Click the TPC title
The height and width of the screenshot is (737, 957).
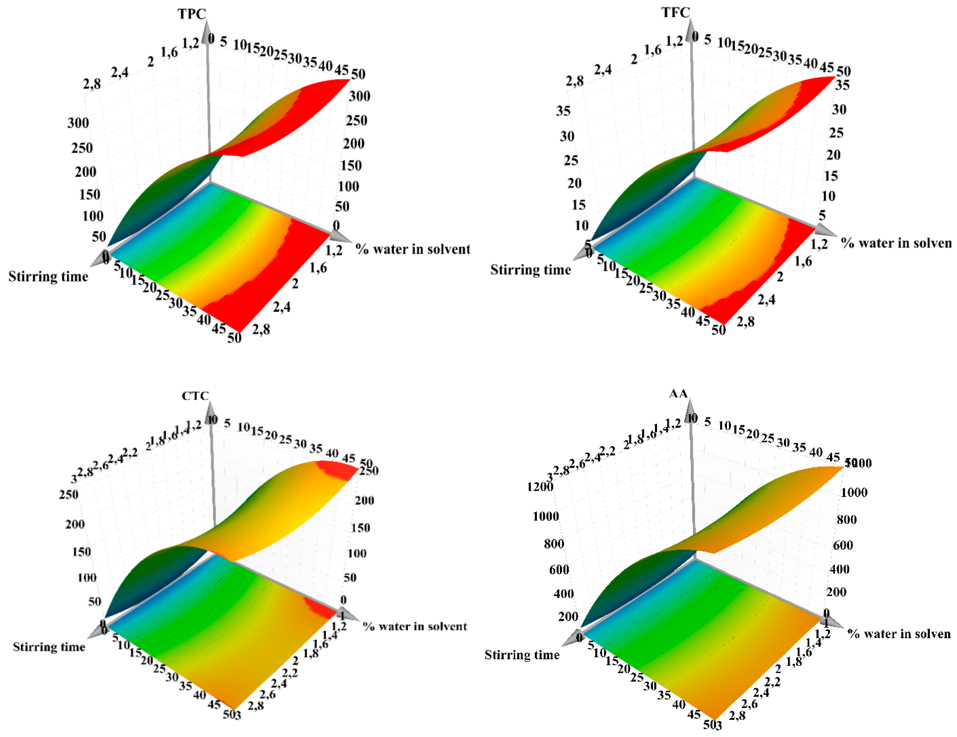[x=192, y=14]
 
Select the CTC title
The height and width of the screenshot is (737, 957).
[x=195, y=396]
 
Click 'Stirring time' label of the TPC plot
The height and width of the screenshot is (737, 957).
[x=48, y=277]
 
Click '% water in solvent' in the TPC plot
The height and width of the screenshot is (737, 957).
[x=412, y=249]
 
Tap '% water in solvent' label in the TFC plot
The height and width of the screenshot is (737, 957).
[x=896, y=243]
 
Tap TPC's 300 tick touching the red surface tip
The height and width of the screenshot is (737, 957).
[x=359, y=96]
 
